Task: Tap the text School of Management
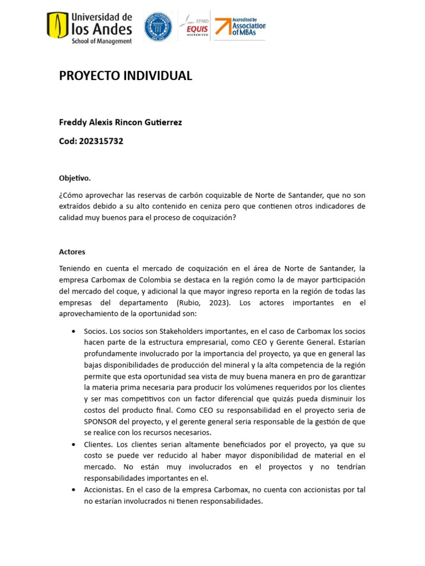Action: point(102,41)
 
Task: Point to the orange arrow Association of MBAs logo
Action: point(240,26)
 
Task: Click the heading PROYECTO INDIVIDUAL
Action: point(126,76)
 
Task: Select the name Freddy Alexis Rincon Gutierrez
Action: point(120,122)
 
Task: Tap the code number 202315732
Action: point(101,141)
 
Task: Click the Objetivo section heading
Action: point(75,178)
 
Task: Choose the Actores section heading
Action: point(72,251)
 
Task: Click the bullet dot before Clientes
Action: point(74,444)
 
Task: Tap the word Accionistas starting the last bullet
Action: point(103,490)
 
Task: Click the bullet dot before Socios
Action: point(74,331)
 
